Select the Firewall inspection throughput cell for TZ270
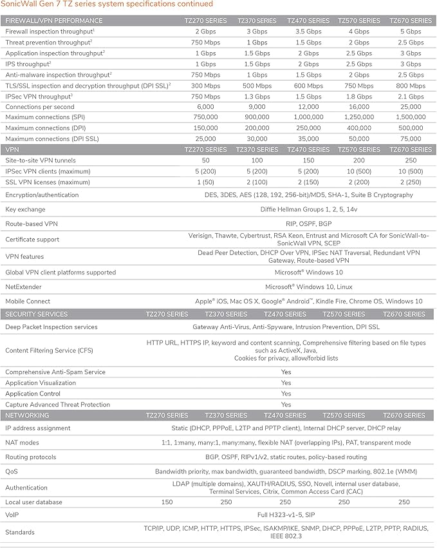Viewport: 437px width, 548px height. [205, 31]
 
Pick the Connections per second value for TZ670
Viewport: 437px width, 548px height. [411, 106]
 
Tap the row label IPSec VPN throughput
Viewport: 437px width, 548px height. [38, 96]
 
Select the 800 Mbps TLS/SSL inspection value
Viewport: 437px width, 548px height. [411, 85]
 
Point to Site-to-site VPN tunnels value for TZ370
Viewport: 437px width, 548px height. [257, 160]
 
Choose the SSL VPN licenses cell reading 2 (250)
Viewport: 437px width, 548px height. [411, 182]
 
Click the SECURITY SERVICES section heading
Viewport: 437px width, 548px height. [36, 314]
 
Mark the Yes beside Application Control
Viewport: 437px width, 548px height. [286, 393]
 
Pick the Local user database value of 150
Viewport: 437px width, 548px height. [167, 502]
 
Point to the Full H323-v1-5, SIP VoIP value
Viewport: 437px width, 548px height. [286, 515]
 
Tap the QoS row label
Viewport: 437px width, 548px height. [12, 471]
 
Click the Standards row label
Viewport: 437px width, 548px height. [20, 533]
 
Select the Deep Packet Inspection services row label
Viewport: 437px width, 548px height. [51, 327]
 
